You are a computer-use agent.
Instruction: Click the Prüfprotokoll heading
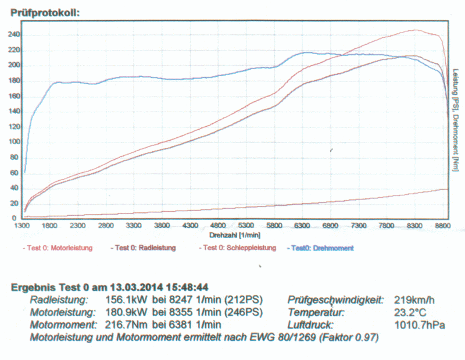coord(45,12)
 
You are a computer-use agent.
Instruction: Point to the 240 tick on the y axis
coord(13,34)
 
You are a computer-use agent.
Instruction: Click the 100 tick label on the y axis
coord(13,142)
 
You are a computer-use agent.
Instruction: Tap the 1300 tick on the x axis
coord(24,226)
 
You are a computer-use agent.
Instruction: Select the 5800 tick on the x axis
coord(274,226)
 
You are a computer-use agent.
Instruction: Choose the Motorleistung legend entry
coord(58,248)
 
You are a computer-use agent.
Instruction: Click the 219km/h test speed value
coord(414,300)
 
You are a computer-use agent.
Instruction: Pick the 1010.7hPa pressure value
coord(420,325)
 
